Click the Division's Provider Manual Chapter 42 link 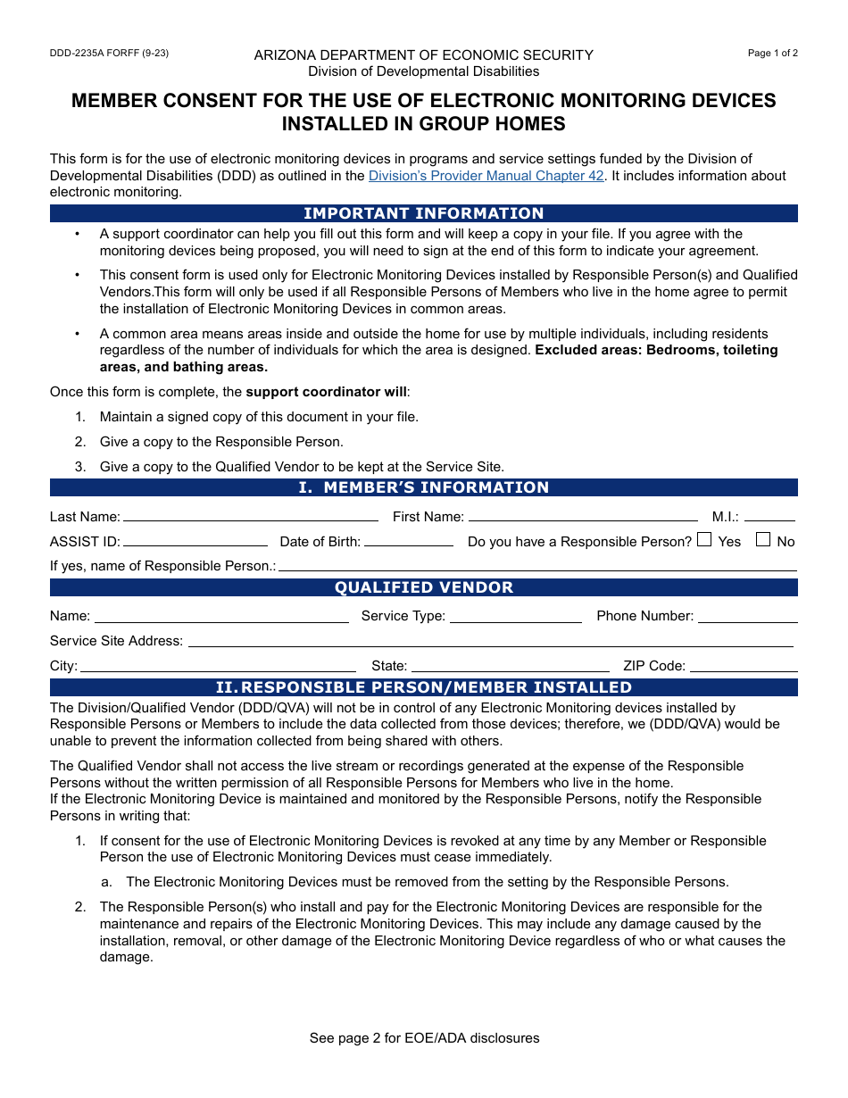click(486, 176)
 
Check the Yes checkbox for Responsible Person click(704, 539)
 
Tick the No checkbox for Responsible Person click(763, 539)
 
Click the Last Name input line click(250, 517)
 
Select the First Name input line click(583, 517)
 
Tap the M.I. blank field click(769, 517)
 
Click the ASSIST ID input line click(195, 542)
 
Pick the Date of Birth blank click(409, 542)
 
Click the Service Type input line click(516, 617)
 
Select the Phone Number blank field click(748, 617)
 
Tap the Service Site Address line click(490, 642)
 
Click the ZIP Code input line click(744, 667)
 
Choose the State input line click(511, 667)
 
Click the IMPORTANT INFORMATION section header click(424, 213)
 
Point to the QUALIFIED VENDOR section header click(424, 587)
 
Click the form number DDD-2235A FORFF click(109, 53)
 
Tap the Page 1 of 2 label click(772, 53)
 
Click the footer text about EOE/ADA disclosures click(424, 1038)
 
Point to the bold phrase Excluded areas click(588, 350)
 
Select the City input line click(218, 667)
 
